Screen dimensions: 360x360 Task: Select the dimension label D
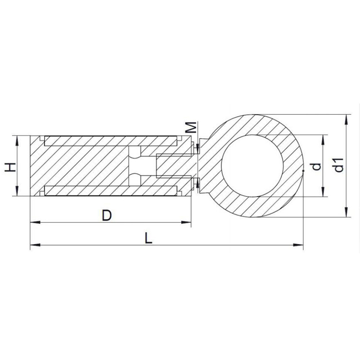click(107, 216)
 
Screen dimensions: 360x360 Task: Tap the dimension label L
click(148, 238)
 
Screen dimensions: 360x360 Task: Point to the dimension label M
click(191, 127)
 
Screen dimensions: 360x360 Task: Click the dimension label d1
click(339, 165)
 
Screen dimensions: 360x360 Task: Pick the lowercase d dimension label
click(317, 166)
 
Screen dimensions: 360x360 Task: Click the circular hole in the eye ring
click(252, 166)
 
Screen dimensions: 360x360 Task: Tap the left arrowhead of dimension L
click(35, 245)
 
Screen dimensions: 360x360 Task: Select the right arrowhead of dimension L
click(298, 245)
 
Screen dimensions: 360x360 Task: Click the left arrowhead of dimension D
click(35, 222)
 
